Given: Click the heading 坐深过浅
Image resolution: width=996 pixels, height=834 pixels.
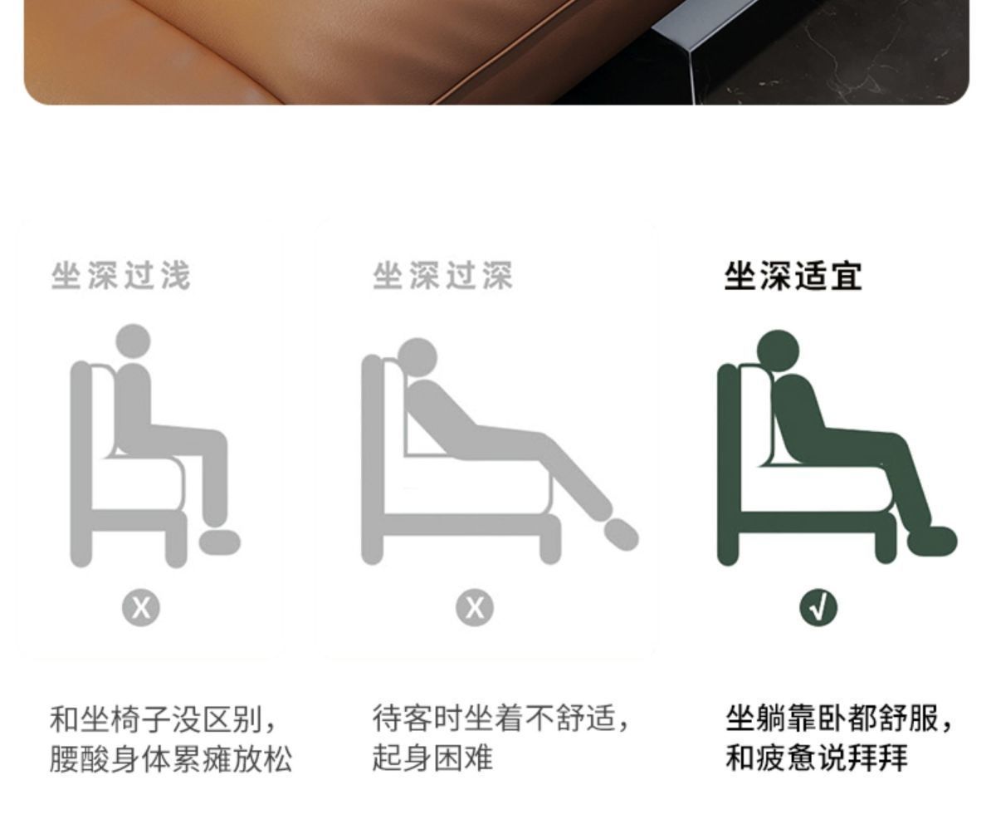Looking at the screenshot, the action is pyautogui.click(x=120, y=276).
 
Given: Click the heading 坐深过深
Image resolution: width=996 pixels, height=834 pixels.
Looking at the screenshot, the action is pyautogui.click(x=442, y=276).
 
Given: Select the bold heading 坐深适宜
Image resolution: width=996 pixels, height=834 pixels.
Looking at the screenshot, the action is pyautogui.click(x=793, y=276).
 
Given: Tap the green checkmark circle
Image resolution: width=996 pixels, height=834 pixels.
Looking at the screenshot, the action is pyautogui.click(x=818, y=607).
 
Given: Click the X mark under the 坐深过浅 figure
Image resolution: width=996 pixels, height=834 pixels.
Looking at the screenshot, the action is pyautogui.click(x=141, y=608).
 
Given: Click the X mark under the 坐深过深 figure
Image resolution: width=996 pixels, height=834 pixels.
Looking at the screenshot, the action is pyautogui.click(x=475, y=608).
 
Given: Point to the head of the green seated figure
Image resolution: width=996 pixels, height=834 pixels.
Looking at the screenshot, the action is pyautogui.click(x=778, y=351).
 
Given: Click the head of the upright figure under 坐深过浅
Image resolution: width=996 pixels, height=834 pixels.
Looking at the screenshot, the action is pyautogui.click(x=133, y=341).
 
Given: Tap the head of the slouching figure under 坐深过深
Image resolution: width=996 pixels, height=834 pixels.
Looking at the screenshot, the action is pyautogui.click(x=417, y=358).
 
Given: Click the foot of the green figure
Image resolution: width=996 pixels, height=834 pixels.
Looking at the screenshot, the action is pyautogui.click(x=931, y=541).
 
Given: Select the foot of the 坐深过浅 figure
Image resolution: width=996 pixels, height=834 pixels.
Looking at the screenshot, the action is pyautogui.click(x=219, y=542).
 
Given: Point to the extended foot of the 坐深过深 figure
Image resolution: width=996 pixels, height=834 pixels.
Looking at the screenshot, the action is pyautogui.click(x=621, y=535).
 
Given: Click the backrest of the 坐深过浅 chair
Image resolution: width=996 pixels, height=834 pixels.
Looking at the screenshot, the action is pyautogui.click(x=81, y=463).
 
